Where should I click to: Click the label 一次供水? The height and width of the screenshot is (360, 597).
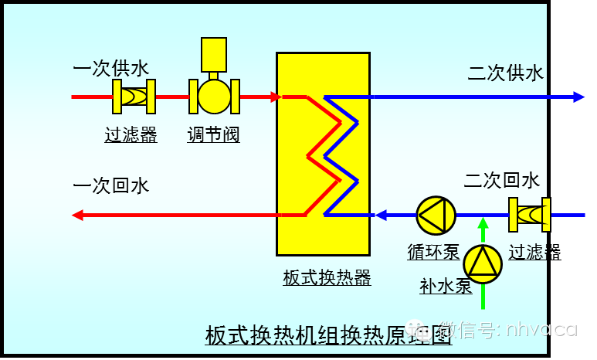pyautogui.click(x=110, y=69)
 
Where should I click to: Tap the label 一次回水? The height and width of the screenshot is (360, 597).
pyautogui.click(x=110, y=186)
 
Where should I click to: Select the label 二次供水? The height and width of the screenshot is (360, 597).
pyautogui.click(x=506, y=73)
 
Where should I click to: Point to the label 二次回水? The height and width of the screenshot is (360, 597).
pyautogui.click(x=502, y=181)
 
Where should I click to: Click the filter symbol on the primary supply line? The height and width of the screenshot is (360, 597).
pyautogui.click(x=134, y=97)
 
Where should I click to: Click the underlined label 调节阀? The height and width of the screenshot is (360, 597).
pyautogui.click(x=214, y=135)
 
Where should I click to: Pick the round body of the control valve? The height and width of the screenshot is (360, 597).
pyautogui.click(x=214, y=97)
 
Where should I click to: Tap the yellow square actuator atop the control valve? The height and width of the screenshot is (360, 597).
pyautogui.click(x=214, y=54)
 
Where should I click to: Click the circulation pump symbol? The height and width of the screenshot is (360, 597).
pyautogui.click(x=436, y=215)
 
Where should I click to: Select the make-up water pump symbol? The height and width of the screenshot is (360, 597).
pyautogui.click(x=483, y=264)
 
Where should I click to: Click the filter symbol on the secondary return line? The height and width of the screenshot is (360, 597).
pyautogui.click(x=529, y=215)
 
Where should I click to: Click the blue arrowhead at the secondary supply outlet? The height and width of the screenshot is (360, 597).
pyautogui.click(x=578, y=97)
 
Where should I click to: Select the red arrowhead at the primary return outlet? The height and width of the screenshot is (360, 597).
pyautogui.click(x=77, y=215)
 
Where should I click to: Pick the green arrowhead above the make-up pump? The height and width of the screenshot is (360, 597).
pyautogui.click(x=483, y=224)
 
